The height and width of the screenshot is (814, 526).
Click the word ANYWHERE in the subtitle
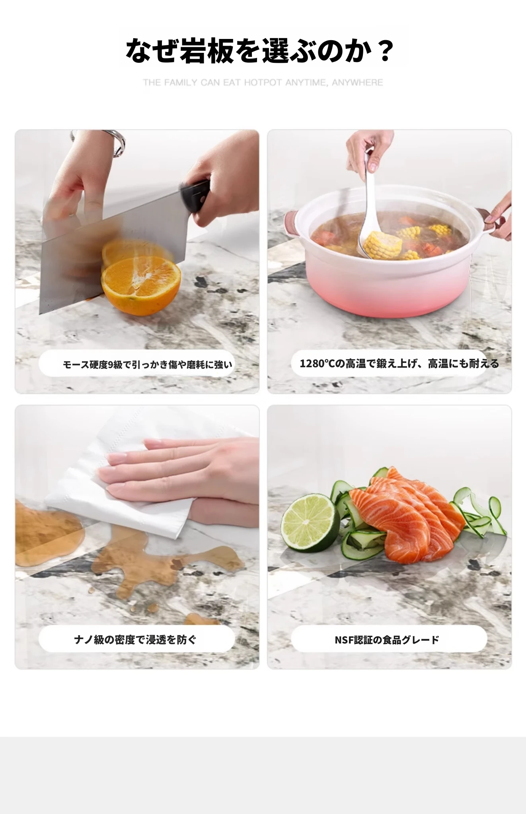pos(357,83)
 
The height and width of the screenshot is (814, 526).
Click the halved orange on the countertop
pos(141,286)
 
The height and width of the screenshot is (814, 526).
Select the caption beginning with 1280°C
pos(399,363)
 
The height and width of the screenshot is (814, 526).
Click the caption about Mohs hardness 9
pos(147,364)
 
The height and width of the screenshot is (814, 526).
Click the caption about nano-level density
pos(135,640)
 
